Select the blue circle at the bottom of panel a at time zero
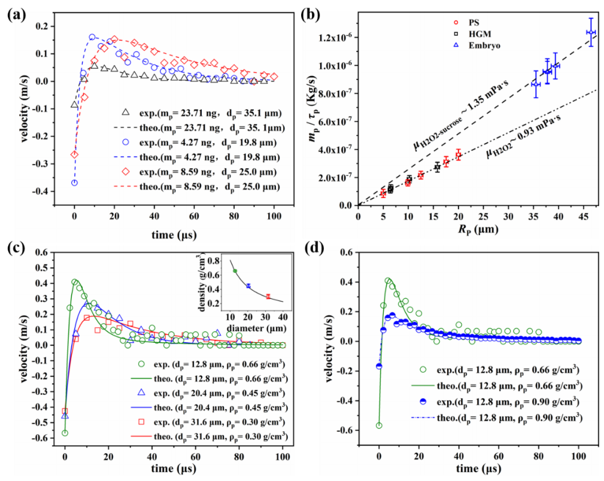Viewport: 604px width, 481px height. click(x=74, y=183)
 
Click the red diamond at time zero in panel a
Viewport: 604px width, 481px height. click(x=74, y=154)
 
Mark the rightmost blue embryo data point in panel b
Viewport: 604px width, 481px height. click(x=591, y=32)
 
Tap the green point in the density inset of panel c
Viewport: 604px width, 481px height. click(x=235, y=271)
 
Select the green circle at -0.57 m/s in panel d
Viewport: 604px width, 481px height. click(x=379, y=425)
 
